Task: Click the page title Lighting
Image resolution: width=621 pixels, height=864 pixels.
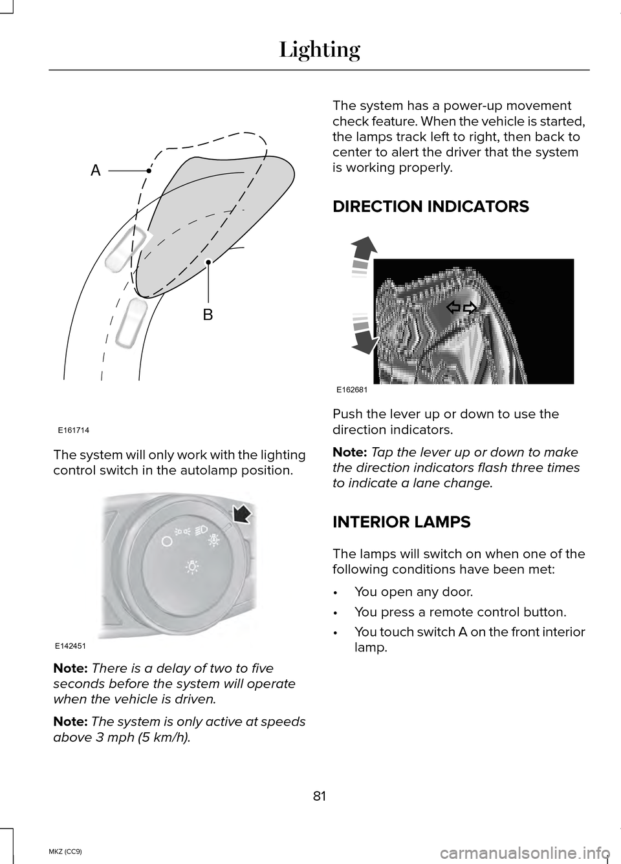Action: pos(320,49)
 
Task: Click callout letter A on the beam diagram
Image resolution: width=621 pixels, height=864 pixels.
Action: pos(96,171)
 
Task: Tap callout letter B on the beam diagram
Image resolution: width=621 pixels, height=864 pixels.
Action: pos(208,315)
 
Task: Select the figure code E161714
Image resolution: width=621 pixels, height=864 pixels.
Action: pos(73,429)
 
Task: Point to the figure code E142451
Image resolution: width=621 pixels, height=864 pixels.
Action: pos(73,646)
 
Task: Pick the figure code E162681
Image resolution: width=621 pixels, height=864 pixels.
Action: pos(352,390)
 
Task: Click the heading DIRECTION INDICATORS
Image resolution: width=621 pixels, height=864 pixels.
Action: pos(430,207)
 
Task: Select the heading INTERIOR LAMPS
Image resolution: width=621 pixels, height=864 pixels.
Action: pos(401,522)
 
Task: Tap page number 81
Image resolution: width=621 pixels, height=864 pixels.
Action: pos(320,796)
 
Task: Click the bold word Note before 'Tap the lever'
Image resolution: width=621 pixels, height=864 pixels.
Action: pos(349,452)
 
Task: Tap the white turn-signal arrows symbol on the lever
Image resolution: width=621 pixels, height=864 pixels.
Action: pos(461,308)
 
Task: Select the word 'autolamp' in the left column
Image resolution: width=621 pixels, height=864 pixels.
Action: pos(202,470)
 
